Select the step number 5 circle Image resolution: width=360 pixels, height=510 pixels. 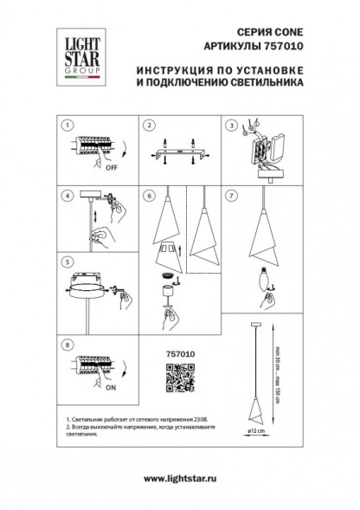(67, 261)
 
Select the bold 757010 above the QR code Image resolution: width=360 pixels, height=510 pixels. (177, 352)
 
